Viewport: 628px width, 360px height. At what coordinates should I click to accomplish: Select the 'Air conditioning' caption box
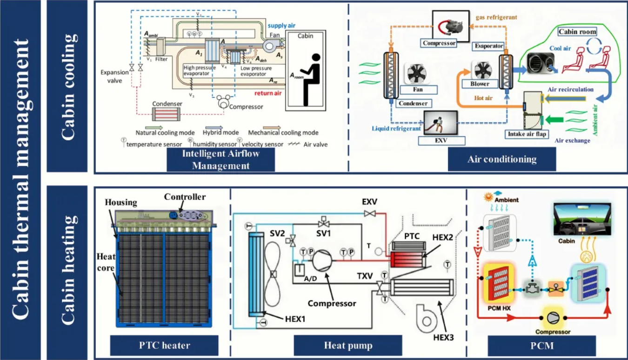click(501, 160)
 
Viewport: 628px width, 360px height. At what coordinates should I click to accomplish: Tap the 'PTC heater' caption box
click(164, 345)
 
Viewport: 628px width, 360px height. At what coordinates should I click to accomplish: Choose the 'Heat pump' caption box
click(347, 345)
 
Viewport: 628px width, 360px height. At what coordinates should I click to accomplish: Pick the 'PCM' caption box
click(541, 345)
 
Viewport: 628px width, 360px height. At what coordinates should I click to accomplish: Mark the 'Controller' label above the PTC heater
click(185, 197)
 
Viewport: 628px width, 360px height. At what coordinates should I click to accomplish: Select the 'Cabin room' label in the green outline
click(577, 32)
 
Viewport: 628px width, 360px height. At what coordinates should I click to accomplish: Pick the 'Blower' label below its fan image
click(480, 84)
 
